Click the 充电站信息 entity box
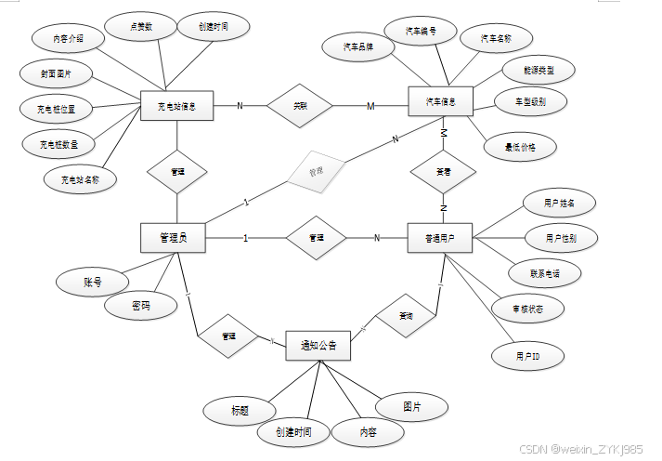click(177, 106)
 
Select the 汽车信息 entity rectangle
click(442, 101)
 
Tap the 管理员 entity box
click(172, 238)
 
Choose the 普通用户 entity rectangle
click(440, 238)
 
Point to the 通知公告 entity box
click(318, 347)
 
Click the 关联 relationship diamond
click(299, 106)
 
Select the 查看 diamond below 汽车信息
click(443, 172)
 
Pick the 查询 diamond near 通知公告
click(406, 315)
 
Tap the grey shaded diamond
click(315, 171)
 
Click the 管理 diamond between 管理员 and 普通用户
click(316, 238)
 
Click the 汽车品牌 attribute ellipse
click(357, 47)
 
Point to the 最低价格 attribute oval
click(518, 146)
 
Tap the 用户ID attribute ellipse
click(528, 356)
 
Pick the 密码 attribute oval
click(140, 306)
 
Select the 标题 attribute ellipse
click(240, 409)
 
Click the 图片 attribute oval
click(411, 407)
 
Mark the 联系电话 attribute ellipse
click(544, 272)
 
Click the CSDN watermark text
click(579, 449)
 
